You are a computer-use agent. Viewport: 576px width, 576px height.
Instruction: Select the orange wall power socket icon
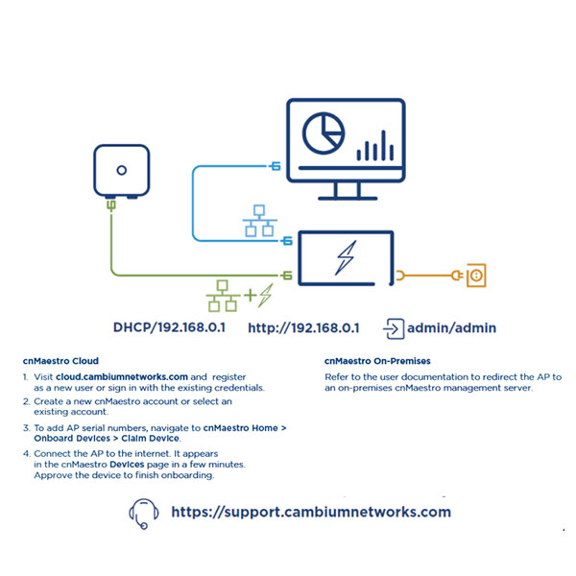click(473, 276)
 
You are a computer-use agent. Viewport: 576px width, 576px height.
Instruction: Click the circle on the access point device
click(121, 170)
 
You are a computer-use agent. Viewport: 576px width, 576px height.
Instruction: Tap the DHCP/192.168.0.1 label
click(169, 327)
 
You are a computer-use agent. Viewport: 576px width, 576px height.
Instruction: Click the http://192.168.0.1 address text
click(303, 327)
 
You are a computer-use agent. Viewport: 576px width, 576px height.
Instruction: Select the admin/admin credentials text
click(451, 327)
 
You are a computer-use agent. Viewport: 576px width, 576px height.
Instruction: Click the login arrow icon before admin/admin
click(394, 327)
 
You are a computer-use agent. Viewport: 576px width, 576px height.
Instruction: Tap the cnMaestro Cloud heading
click(60, 361)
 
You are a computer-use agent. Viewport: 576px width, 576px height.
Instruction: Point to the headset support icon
click(142, 514)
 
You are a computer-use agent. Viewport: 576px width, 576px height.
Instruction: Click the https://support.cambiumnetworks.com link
click(310, 512)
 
